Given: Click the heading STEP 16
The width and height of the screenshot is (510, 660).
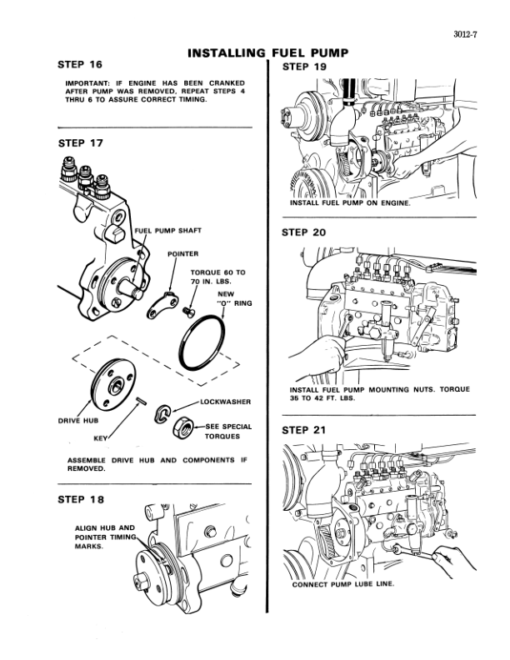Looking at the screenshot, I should coord(80,64).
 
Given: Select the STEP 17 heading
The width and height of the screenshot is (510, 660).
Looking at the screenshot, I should coord(80,142).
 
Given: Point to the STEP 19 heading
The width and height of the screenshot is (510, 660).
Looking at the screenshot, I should coord(304,66).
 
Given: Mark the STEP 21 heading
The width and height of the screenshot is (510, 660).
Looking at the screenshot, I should coord(304,430).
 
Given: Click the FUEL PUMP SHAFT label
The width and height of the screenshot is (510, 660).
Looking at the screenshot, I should coord(169,230).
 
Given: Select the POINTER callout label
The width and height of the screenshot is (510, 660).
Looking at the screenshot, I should coord(182,252).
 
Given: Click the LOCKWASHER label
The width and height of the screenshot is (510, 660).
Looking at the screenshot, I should coord(226,402).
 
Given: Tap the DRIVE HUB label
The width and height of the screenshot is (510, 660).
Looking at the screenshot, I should coord(77,420).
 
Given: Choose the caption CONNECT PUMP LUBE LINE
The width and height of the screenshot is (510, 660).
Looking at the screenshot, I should coord(343,584).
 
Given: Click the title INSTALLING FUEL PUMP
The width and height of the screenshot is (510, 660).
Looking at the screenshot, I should coord(267,52).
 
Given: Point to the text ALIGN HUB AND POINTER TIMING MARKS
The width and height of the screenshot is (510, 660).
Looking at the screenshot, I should coord(104,537).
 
